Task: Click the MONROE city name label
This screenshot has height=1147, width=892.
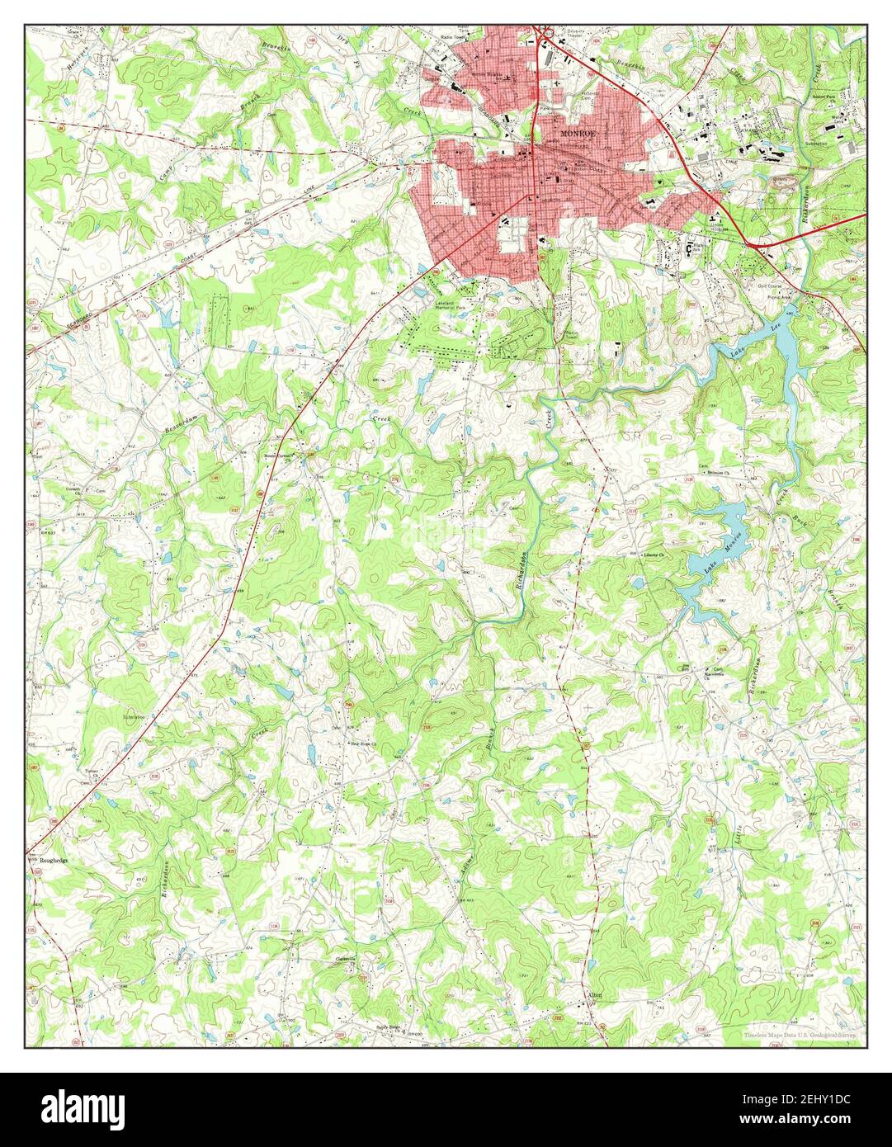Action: point(576,133)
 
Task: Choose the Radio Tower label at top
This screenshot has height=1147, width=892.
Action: point(453,38)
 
